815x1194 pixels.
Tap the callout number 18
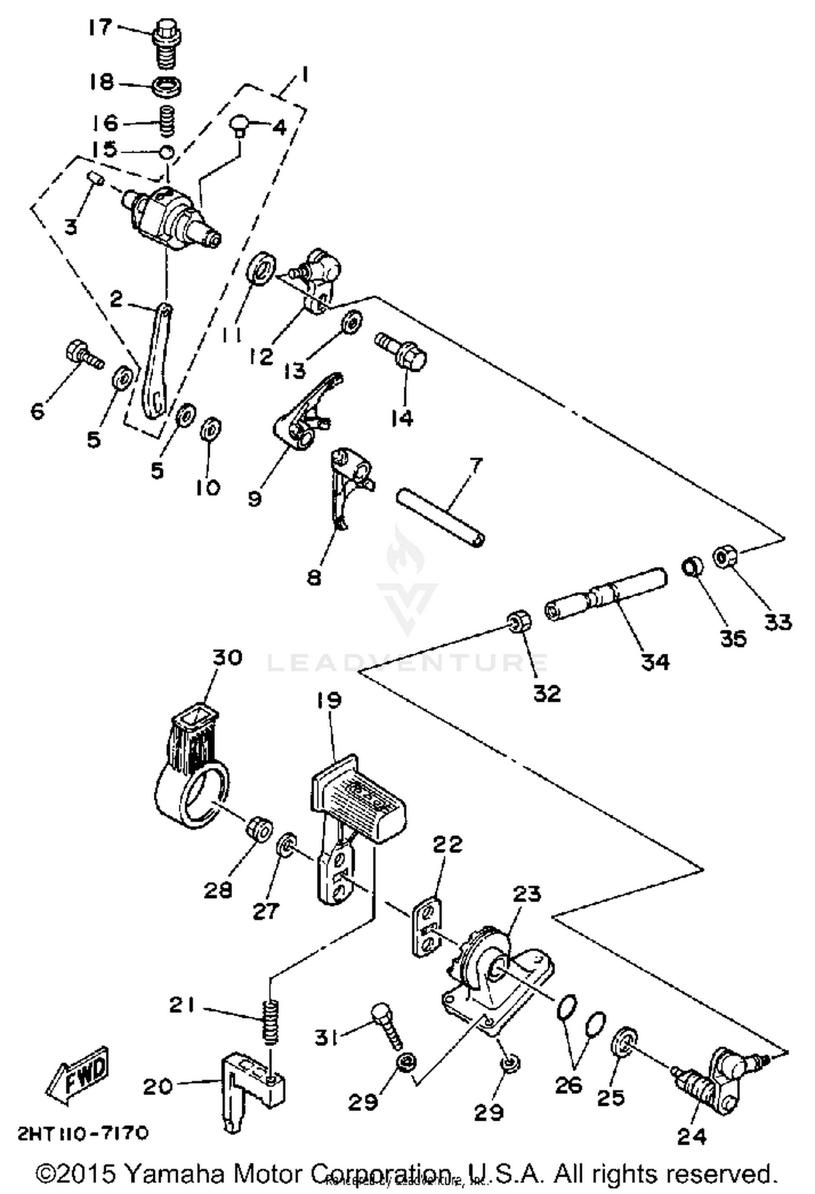tap(102, 82)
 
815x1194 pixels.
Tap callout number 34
tap(655, 661)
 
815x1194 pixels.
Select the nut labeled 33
tap(725, 557)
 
